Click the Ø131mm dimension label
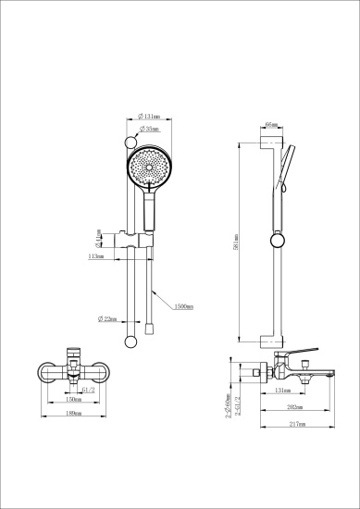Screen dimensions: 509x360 click(150, 117)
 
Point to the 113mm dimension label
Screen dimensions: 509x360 click(94, 256)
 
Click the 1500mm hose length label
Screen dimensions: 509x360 click(182, 305)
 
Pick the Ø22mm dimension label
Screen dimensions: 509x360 click(107, 319)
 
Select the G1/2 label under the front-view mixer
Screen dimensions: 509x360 click(90, 391)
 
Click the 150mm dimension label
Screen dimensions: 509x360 click(86, 401)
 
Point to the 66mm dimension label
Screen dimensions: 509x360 click(271, 123)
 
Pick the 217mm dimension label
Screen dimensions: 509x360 click(296, 425)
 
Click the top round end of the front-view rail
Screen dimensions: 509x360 click(129, 142)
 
